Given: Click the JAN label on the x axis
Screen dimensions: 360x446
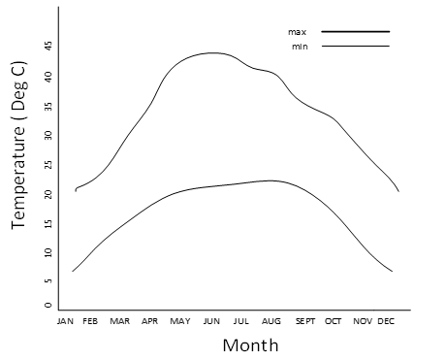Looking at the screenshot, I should pos(66,320).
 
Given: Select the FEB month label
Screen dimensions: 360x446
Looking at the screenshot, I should pos(90,320).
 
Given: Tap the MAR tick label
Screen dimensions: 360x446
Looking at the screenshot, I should pos(120,320).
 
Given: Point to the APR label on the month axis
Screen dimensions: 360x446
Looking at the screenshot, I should pos(150,320).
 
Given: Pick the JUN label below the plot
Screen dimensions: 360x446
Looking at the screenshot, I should pos(210,320).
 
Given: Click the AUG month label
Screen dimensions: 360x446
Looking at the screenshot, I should pos(271,320).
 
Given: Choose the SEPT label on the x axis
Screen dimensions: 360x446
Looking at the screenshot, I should pos(304,320).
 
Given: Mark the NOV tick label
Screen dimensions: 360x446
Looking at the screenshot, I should pos(363,320).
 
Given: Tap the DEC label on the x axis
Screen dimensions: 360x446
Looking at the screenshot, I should pos(386,320).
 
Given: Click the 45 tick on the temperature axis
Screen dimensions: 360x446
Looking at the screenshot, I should pos(47,46).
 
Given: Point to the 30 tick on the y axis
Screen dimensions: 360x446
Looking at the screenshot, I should pos(47,135).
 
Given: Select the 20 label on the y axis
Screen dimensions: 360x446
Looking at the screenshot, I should pos(47,194).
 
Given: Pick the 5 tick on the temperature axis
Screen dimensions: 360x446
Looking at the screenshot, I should pos(47,282).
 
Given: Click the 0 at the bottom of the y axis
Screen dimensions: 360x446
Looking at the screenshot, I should pos(47,305).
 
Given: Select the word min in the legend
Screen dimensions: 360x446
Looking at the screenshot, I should pos(299,47).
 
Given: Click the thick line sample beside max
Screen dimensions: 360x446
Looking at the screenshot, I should pos(355,32).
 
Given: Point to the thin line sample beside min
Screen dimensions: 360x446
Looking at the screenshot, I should pos(355,47).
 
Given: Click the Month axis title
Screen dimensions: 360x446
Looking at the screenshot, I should pos(250,344).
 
